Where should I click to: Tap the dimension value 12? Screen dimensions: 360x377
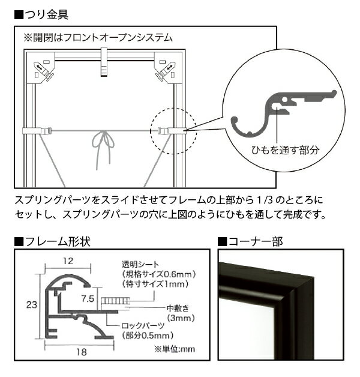click(68, 261)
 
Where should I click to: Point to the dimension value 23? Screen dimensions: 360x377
click(32, 305)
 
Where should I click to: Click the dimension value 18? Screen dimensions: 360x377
click(82, 352)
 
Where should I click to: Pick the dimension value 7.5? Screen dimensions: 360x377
click(88, 298)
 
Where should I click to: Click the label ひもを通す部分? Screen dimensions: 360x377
click(285, 150)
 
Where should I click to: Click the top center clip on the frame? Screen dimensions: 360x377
click(104, 62)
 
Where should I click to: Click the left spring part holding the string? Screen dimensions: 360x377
click(37, 131)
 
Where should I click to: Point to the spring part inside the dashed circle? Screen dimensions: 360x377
click(172, 131)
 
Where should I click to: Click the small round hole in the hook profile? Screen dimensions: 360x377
click(284, 99)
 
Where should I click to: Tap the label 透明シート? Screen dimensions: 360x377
click(140, 264)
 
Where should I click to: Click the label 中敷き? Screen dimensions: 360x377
click(178, 308)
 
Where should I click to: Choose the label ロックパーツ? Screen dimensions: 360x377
click(143, 325)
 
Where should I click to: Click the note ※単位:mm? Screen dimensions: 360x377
click(175, 349)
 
